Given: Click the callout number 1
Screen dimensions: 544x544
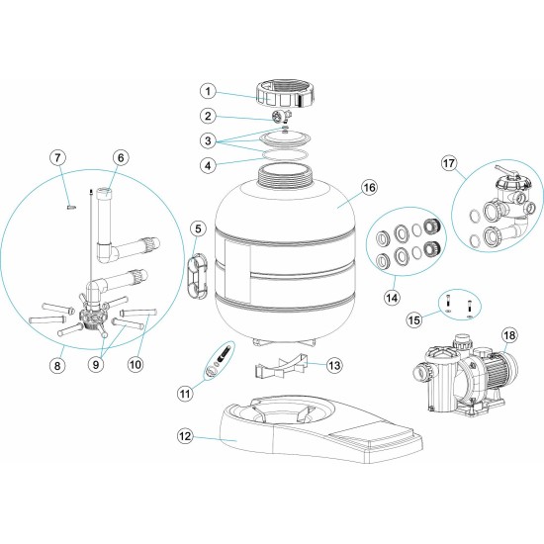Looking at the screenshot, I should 207,91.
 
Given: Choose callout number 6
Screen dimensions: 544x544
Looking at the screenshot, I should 120,157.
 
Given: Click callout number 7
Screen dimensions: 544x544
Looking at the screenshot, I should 58,157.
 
